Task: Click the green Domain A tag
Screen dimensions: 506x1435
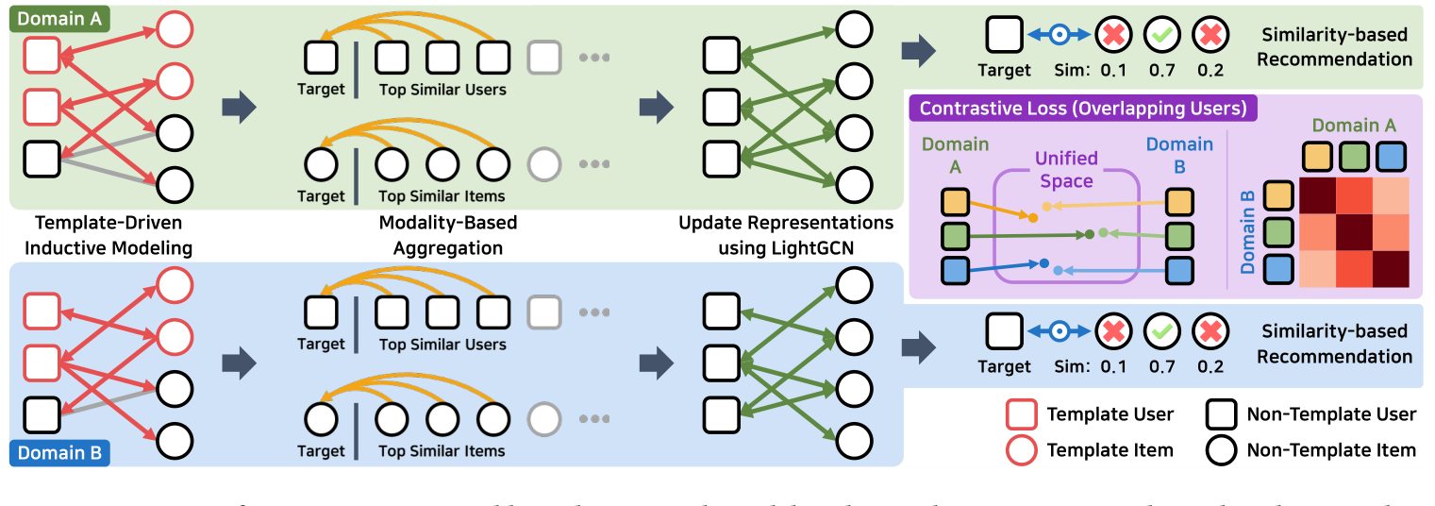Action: pyautogui.click(x=58, y=20)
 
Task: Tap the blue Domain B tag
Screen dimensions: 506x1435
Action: pyautogui.click(x=58, y=452)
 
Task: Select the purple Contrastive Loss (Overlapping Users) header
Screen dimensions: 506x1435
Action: pyautogui.click(x=1080, y=109)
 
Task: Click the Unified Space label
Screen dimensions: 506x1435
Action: pyautogui.click(x=1065, y=169)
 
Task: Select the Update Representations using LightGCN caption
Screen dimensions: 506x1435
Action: pyautogui.click(x=785, y=236)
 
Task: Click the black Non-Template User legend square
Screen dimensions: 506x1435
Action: pyautogui.click(x=1222, y=414)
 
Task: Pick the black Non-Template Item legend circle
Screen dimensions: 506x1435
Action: pyautogui.click(x=1222, y=450)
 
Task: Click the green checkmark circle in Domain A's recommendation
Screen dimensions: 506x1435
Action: pyautogui.click(x=1160, y=36)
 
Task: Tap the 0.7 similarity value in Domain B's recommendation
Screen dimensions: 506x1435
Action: pyautogui.click(x=1161, y=367)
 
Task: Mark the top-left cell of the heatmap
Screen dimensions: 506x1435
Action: pyautogui.click(x=1318, y=196)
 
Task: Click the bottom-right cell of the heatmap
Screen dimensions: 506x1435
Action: pyautogui.click(x=1390, y=268)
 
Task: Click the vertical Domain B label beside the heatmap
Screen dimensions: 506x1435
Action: pyautogui.click(x=1247, y=231)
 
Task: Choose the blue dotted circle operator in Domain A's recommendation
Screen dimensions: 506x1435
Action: pyautogui.click(x=1060, y=36)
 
